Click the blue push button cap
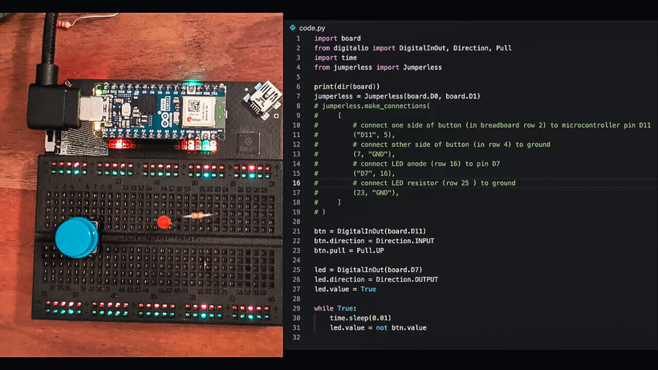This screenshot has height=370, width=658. tap(77, 237)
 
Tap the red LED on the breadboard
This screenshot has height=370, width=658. tap(164, 222)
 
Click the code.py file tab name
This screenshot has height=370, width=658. tap(312, 28)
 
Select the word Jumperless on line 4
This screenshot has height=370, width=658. tap(422, 67)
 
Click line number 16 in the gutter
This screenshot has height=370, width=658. tap(296, 183)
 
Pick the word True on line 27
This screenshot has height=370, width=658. tap(368, 289)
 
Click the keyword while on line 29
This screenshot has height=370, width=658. tap(323, 308)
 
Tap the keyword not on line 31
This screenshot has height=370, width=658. tap(381, 327)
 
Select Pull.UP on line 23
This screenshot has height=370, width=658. tap(370, 250)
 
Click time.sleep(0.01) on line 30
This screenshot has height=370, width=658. tap(360, 318)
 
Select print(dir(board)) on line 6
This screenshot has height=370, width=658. tap(347, 87)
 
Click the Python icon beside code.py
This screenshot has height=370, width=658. tap(293, 27)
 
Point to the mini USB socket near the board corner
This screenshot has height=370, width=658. tap(262, 100)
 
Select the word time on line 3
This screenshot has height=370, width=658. tap(349, 58)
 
